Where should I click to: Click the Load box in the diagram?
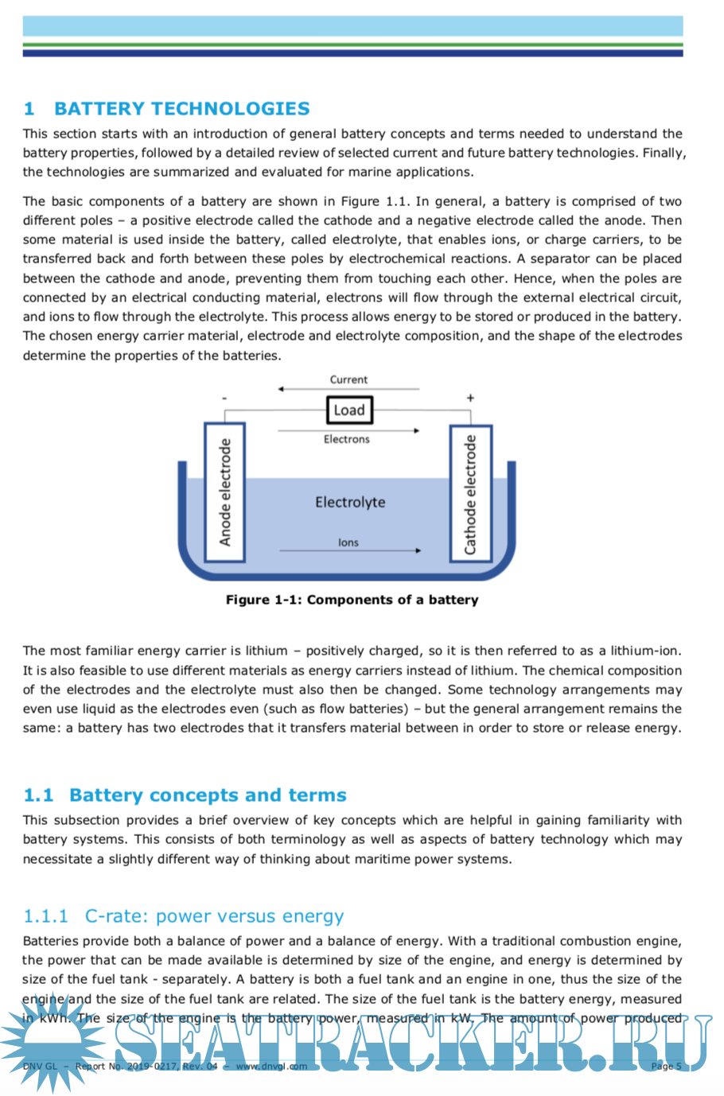pyautogui.click(x=348, y=410)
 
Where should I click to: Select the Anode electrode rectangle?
pyautogui.click(x=225, y=492)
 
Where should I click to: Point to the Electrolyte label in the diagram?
pyautogui.click(x=350, y=502)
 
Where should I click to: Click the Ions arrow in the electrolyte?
pyautogui.click(x=350, y=550)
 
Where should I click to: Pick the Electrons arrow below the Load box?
pyautogui.click(x=348, y=430)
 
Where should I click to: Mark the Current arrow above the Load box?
pyautogui.click(x=348, y=389)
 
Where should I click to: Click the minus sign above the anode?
pyautogui.click(x=225, y=398)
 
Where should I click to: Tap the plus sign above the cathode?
pyautogui.click(x=470, y=398)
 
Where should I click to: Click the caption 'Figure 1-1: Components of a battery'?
pyautogui.click(x=352, y=600)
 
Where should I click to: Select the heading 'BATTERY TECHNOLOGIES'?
pyautogui.click(x=181, y=109)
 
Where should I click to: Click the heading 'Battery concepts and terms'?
pyautogui.click(x=208, y=795)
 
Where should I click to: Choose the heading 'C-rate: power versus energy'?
pyautogui.click(x=214, y=916)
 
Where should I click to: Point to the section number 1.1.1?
pyautogui.click(x=46, y=916)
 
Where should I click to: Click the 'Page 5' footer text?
pyautogui.click(x=666, y=1067)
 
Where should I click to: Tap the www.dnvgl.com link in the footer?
pyautogui.click(x=271, y=1067)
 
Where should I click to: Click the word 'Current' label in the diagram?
pyautogui.click(x=348, y=379)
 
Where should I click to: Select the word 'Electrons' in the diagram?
pyautogui.click(x=346, y=439)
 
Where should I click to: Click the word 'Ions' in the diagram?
pyautogui.click(x=348, y=542)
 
